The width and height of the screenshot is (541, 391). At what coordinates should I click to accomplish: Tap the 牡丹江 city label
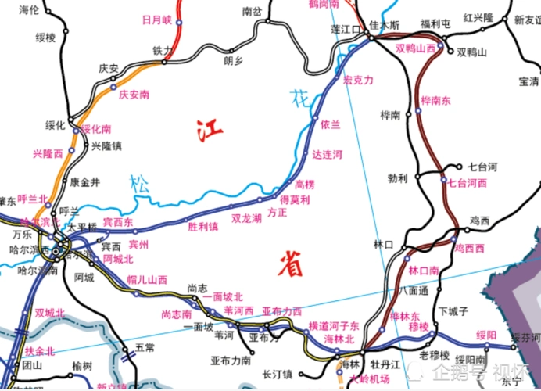(385, 364)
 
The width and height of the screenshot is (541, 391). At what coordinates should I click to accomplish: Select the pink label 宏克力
(359, 81)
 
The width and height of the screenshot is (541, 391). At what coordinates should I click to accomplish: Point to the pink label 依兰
(331, 124)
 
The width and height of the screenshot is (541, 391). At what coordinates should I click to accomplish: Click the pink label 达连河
(327, 155)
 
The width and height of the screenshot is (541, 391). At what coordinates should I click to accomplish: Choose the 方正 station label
(278, 212)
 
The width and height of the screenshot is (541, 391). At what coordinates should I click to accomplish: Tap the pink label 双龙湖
(246, 218)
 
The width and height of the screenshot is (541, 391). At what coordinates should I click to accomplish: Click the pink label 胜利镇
(202, 227)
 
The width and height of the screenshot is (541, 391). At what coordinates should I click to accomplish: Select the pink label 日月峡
(156, 20)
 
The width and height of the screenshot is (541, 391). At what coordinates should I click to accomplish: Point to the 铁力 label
(162, 50)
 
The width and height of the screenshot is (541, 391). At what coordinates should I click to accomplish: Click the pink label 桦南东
(435, 100)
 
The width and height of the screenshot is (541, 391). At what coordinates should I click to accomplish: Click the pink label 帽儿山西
(147, 279)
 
